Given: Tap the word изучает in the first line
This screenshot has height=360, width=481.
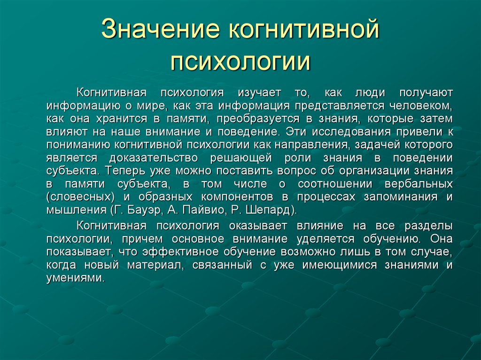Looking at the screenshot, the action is (x=259, y=92).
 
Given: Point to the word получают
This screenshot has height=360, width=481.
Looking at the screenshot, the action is (x=426, y=92).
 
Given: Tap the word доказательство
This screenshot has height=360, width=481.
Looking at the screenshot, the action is (x=154, y=158).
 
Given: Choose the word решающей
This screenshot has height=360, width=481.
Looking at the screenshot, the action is (x=241, y=158).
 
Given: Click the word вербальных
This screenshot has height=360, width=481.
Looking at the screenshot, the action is (x=419, y=184).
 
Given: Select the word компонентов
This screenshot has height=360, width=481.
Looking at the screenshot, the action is (x=237, y=197).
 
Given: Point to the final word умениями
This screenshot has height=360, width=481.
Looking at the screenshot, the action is (x=76, y=278).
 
